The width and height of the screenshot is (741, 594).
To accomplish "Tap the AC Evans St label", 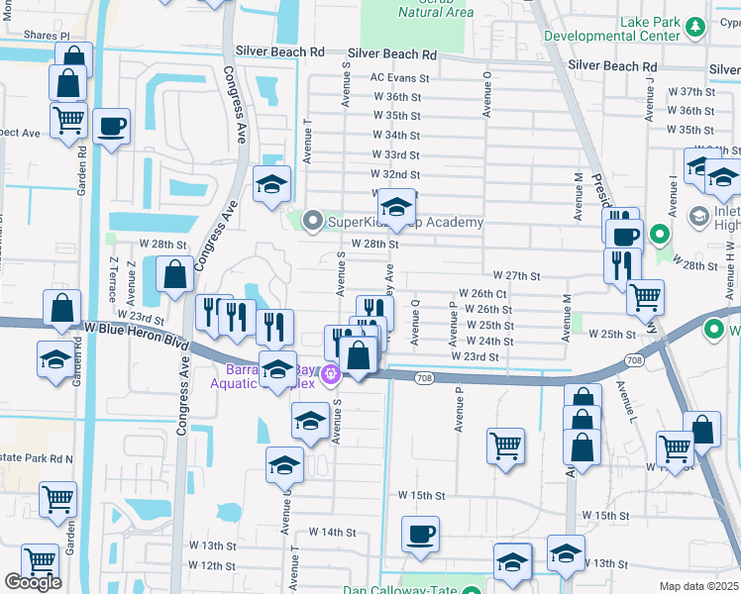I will [399, 77].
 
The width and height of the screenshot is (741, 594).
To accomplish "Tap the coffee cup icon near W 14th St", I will [420, 535].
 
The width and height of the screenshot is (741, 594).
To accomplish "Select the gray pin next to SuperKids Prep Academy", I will [314, 221].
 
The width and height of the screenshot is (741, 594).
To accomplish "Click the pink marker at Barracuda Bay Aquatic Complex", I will [332, 374].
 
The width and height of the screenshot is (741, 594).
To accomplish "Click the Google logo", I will [33, 582].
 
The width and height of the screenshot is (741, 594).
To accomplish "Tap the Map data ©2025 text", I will [699, 586].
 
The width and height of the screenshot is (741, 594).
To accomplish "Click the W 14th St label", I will [332, 532].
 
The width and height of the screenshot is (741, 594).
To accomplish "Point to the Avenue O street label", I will [486, 93].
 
